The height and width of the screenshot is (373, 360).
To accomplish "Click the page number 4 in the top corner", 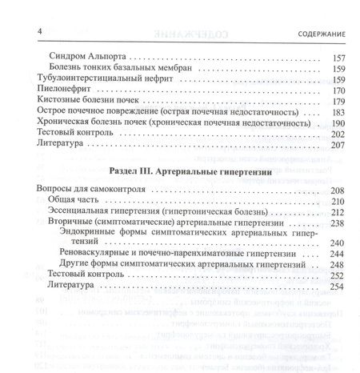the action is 18,30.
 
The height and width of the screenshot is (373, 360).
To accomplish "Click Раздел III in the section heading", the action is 124,172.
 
